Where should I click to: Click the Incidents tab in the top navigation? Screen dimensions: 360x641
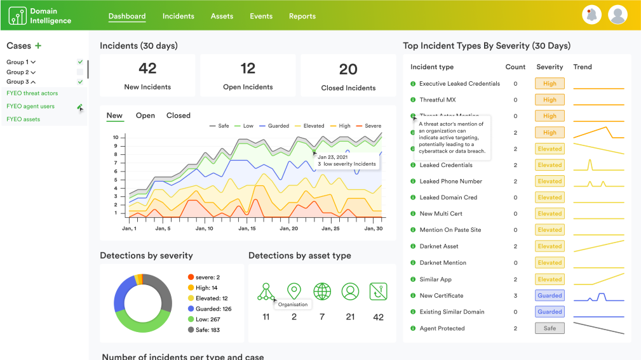tap(178, 16)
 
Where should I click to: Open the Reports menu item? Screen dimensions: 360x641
tap(302, 16)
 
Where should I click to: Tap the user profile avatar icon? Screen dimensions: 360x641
tap(617, 15)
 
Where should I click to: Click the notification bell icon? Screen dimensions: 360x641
tap(591, 15)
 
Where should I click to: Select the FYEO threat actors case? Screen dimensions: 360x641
tap(32, 93)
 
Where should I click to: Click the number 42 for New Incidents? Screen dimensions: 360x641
tap(147, 69)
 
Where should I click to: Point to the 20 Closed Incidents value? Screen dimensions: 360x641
tap(348, 69)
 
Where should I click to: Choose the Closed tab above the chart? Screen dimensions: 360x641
tap(178, 116)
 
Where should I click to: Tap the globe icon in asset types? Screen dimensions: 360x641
tap(322, 291)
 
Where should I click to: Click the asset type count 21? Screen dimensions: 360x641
tap(350, 317)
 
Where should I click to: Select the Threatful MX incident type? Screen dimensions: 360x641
tap(437, 100)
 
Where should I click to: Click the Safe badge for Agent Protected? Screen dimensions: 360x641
tap(550, 328)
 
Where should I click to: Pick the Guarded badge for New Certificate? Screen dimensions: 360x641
tap(550, 295)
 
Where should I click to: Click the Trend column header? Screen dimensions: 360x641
tap(582, 67)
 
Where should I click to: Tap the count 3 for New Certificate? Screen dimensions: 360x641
tap(515, 295)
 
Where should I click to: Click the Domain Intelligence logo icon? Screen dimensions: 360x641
tap(17, 16)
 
